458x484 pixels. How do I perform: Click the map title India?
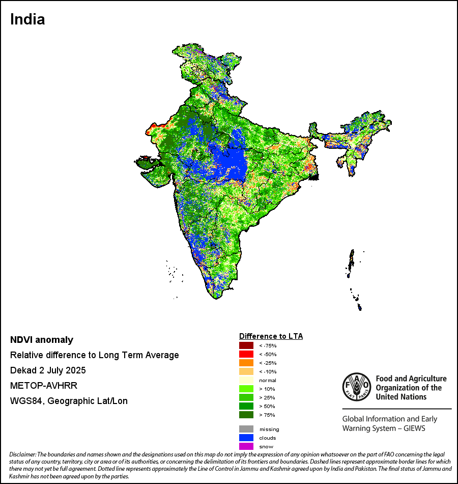tap(27, 20)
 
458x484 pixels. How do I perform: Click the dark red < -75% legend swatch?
tap(246, 345)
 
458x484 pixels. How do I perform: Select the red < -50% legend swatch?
tap(246, 354)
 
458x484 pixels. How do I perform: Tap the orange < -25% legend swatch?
tap(246, 363)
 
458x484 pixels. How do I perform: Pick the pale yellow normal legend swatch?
tap(246, 380)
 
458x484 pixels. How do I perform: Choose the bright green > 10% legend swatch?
tap(246, 389)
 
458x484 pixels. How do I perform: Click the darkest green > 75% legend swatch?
tap(246, 415)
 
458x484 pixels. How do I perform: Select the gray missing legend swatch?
tap(246, 429)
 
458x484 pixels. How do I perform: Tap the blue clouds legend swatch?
tap(246, 438)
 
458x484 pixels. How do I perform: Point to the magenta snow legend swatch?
tap(246, 446)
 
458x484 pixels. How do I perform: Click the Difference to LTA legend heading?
tap(271, 336)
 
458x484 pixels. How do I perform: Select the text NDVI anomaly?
tap(42, 340)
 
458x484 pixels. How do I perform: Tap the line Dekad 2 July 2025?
tap(48, 370)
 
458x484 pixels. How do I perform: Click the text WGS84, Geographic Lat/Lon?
tap(69, 401)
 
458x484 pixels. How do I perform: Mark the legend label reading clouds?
tap(268, 438)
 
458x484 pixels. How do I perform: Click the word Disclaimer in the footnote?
tap(23, 454)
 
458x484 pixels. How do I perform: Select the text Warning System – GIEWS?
tap(384, 428)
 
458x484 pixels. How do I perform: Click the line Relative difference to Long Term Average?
tap(95, 355)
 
